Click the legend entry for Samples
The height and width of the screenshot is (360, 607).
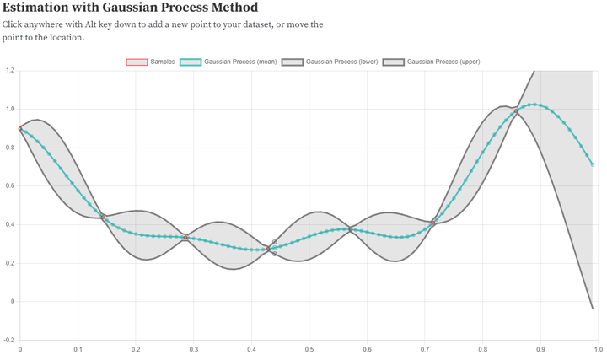point(150,62)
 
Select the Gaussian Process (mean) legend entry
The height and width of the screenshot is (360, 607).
point(228,62)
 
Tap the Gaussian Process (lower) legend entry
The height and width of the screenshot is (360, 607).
point(330,62)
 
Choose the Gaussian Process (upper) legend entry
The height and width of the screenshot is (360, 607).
point(431,62)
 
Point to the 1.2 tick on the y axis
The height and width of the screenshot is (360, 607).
point(9,70)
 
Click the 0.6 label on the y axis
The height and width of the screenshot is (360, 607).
point(9,185)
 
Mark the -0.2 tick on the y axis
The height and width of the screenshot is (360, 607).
point(8,340)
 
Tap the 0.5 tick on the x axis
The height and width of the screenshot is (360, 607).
point(309,348)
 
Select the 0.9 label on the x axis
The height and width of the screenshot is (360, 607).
point(540,348)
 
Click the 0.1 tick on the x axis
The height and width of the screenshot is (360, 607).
point(78,348)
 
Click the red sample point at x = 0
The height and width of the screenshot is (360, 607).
point(20,129)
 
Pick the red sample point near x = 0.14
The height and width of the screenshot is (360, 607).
point(103,217)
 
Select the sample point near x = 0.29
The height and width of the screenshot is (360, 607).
point(185,238)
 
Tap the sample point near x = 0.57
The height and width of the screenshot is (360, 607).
point(351,229)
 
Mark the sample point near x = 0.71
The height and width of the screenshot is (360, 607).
point(433,223)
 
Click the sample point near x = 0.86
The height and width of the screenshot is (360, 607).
point(516,111)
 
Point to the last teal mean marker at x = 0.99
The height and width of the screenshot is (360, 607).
point(593,164)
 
